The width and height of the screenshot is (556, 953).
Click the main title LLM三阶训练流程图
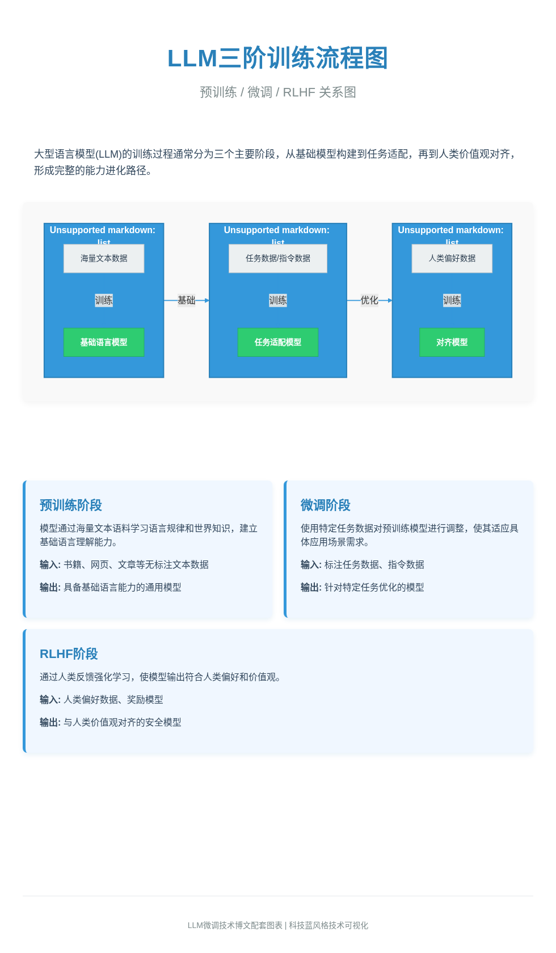pyautogui.click(x=277, y=58)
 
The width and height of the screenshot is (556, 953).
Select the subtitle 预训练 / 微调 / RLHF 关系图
pyautogui.click(x=277, y=92)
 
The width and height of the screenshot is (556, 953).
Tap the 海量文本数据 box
pyautogui.click(x=104, y=258)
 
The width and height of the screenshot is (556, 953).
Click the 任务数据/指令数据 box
pyautogui.click(x=278, y=258)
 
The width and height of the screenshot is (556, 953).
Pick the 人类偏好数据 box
pyautogui.click(x=452, y=258)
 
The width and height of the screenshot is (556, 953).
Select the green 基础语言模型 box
pyautogui.click(x=104, y=342)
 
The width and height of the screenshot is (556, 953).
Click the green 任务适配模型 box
pyautogui.click(x=278, y=342)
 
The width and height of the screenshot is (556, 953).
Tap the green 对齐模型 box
pyautogui.click(x=452, y=342)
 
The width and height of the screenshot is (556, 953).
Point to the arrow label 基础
pyautogui.click(x=186, y=300)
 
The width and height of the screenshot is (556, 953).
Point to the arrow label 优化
pyautogui.click(x=369, y=300)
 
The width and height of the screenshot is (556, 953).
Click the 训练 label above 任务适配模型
pyautogui.click(x=278, y=300)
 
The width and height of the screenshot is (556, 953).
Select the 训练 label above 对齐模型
pyautogui.click(x=452, y=300)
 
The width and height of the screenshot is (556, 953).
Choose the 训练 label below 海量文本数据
pyautogui.click(x=104, y=300)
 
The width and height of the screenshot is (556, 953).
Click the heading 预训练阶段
pyautogui.click(x=71, y=505)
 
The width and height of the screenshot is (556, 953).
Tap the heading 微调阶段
pyautogui.click(x=326, y=505)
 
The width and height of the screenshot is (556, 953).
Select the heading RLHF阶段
pyautogui.click(x=69, y=653)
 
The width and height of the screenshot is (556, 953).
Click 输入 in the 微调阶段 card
pyautogui.click(x=310, y=564)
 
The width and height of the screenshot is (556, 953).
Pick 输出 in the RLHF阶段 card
pyautogui.click(x=49, y=722)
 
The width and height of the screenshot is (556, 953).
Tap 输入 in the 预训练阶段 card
pyautogui.click(x=49, y=564)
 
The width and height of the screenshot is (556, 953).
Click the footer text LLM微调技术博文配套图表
pyautogui.click(x=235, y=925)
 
